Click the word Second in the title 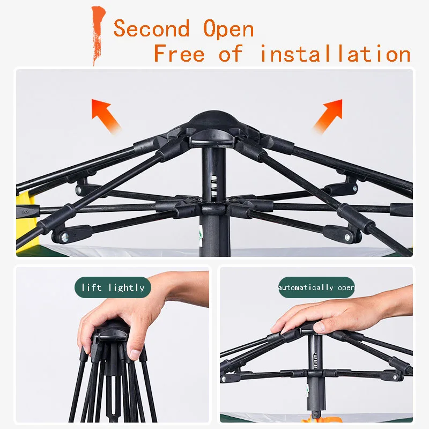point(151,28)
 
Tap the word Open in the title point(228,28)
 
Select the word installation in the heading point(335,54)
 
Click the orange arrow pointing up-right point(328,114)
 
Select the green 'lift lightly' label point(113,288)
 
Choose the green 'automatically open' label point(316,288)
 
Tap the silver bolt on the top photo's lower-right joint point(347,236)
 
